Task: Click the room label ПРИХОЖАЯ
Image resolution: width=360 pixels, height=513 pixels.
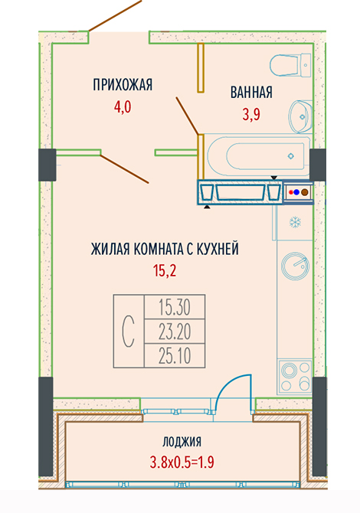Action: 123,85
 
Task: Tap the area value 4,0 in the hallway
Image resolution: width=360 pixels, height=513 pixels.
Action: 123,107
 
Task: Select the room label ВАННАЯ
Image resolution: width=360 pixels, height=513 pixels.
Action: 251,92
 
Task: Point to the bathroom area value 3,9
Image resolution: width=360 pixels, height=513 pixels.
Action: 251,115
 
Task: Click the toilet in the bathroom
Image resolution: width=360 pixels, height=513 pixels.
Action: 290,65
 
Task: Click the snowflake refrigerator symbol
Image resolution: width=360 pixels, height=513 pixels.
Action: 295,223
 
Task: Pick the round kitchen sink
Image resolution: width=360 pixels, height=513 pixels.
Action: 295,266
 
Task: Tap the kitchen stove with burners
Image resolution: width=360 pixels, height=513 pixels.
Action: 294,377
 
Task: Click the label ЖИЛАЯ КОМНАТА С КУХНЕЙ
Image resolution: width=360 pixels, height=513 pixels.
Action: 165,249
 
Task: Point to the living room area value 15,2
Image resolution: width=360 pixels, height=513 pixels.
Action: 165,271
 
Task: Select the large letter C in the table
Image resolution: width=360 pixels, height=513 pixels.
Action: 128,331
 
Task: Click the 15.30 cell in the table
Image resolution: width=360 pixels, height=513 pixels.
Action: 175,307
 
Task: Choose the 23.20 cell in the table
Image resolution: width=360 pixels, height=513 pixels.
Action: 175,331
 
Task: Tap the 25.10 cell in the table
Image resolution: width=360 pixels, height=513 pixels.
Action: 175,355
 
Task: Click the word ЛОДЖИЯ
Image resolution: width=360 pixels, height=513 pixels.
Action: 182,442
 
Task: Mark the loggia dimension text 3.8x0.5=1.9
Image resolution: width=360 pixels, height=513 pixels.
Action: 182,462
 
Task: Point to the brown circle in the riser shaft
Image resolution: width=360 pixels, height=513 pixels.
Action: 305,192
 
